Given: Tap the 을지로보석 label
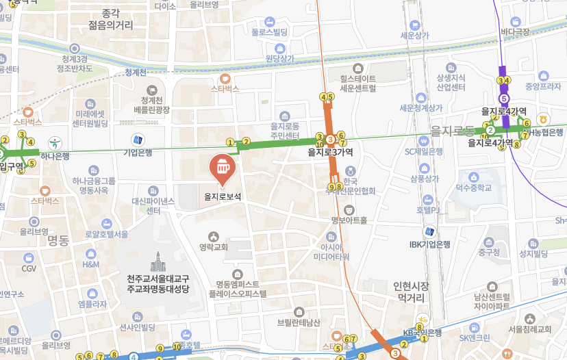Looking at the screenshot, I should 223,196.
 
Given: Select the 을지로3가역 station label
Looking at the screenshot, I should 331,153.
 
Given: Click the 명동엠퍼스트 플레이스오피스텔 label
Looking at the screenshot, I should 238,288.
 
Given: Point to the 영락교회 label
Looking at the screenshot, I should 214,247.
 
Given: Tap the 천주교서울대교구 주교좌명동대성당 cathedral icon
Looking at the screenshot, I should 158,261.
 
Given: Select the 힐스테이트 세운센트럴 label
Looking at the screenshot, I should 353,83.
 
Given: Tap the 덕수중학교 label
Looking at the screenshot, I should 474,187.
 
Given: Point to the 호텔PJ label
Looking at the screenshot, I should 425,209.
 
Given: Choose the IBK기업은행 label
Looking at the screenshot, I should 430,244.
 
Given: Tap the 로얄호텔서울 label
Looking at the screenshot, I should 106,234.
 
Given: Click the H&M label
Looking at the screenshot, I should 91,263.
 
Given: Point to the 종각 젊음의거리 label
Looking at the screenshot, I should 110,19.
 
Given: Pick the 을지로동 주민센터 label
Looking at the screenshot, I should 286,131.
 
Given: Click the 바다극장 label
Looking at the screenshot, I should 515,31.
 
